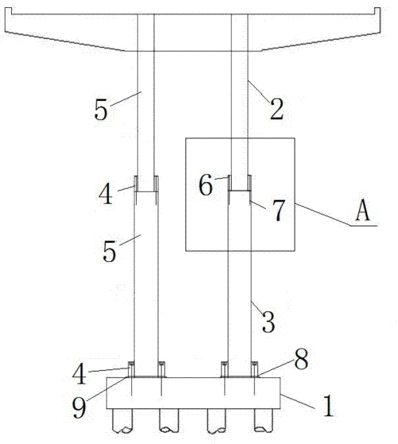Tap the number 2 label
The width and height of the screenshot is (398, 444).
click(x=277, y=109)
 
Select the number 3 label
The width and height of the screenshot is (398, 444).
click(x=268, y=321)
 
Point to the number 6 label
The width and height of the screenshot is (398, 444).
click(x=205, y=185)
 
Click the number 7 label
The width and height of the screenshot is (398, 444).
click(x=279, y=210)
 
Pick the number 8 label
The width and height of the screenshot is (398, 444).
click(x=301, y=359)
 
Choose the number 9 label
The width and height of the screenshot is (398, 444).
click(x=79, y=407)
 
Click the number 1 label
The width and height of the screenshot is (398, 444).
click(x=329, y=407)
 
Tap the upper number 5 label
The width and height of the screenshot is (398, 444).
click(x=101, y=110)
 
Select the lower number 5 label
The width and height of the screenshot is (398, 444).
click(x=109, y=251)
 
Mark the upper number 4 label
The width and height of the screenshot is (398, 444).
click(x=105, y=194)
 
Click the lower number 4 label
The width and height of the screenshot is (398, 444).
click(x=80, y=373)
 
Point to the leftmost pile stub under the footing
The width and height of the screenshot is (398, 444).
click(x=123, y=420)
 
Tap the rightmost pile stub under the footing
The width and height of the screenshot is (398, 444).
click(x=263, y=420)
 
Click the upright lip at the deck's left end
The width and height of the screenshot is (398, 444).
click(x=8, y=11)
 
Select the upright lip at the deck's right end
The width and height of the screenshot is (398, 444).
click(x=377, y=11)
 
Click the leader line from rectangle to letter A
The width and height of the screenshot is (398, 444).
click(x=322, y=214)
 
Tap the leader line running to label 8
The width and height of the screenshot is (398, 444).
click(x=276, y=368)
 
